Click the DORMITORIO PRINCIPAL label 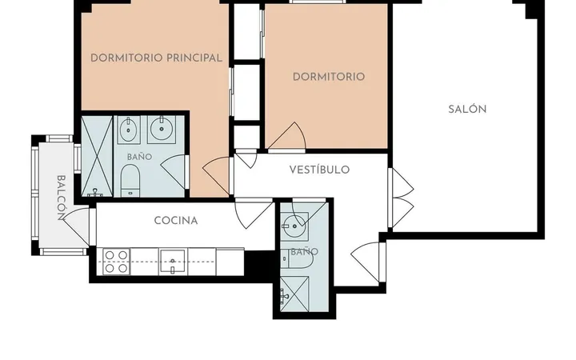click(x=156, y=58)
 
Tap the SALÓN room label click(x=467, y=109)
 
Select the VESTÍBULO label click(x=319, y=170)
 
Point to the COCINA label click(x=176, y=221)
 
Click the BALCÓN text click(x=62, y=198)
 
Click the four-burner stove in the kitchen click(x=117, y=262)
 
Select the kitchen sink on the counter click(x=173, y=262)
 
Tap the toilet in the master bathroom click(x=130, y=181)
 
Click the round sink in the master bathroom click(x=162, y=129)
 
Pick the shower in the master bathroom click(x=97, y=156)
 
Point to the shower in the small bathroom click(x=294, y=294)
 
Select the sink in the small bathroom click(x=294, y=226)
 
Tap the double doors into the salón click(x=402, y=198)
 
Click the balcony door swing click(x=77, y=226)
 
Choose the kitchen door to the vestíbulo click(x=254, y=214)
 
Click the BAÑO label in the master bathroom click(x=139, y=157)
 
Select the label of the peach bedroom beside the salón click(x=329, y=77)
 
